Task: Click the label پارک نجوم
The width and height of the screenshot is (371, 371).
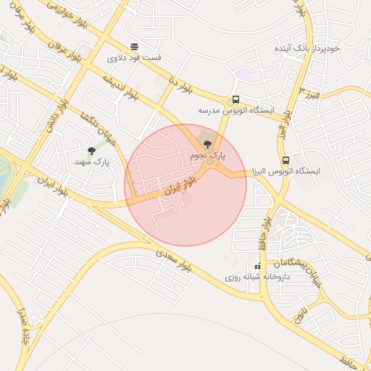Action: (209, 155)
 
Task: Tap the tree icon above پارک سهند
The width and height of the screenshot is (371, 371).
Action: (91, 151)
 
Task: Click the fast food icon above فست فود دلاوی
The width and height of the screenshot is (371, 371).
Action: (133, 46)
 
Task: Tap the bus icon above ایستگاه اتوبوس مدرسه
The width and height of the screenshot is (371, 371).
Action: (235, 100)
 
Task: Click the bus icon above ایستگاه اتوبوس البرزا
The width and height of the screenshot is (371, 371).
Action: (285, 159)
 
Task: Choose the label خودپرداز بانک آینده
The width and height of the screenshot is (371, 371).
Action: (307, 48)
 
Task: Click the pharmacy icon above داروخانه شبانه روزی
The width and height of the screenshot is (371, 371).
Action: (257, 267)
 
